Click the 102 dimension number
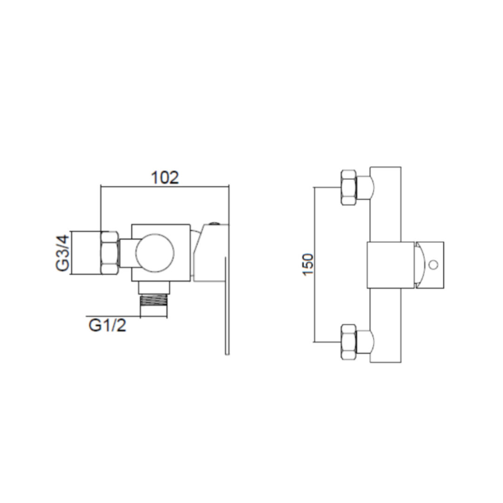pos(164,177)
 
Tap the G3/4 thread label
pos(62,253)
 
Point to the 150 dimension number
pos(308,264)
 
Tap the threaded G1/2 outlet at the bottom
pos(154,306)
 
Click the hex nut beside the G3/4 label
pos(109,253)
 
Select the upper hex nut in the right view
pos(349,187)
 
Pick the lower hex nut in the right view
pos(349,342)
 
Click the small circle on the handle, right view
pos(434,265)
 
